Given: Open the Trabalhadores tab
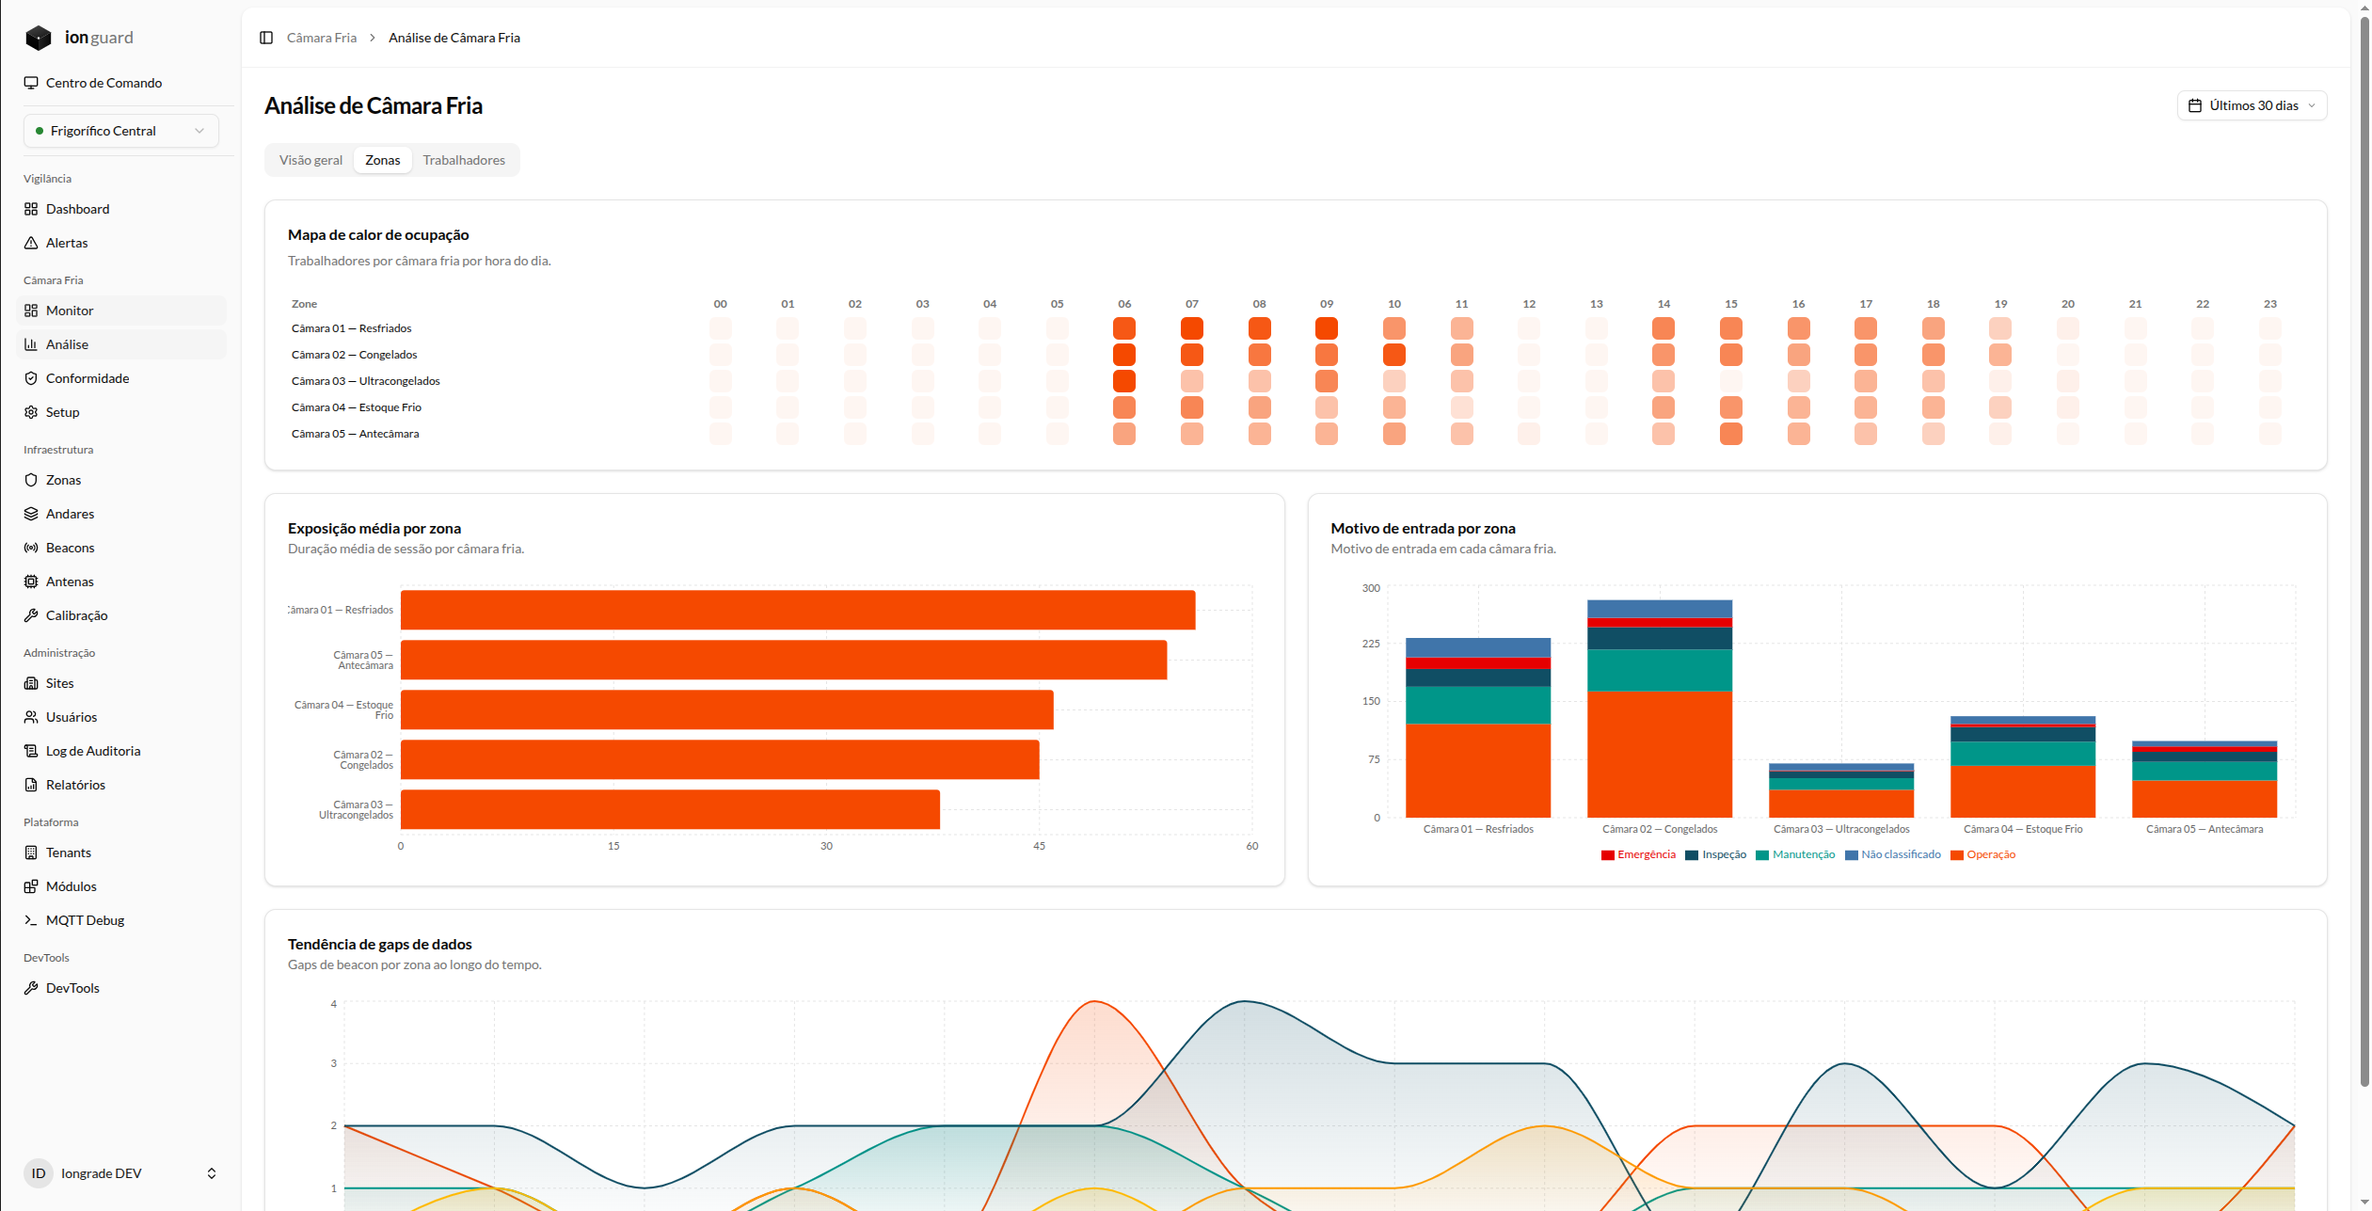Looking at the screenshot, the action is (x=464, y=160).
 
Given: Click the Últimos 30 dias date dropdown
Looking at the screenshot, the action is (x=2252, y=105).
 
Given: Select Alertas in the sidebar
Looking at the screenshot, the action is (x=67, y=243).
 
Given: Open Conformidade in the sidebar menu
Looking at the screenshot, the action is (x=88, y=378).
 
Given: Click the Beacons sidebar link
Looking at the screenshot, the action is (x=71, y=548).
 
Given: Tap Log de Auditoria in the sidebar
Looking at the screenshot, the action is (x=93, y=751).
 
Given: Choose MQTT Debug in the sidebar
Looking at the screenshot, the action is (x=85, y=920).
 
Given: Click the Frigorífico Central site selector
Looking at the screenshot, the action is (x=121, y=131).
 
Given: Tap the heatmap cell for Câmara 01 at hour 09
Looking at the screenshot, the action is (x=1327, y=328).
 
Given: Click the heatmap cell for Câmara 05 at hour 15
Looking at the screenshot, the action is (x=1731, y=434).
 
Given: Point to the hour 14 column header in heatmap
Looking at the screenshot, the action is (x=1664, y=304).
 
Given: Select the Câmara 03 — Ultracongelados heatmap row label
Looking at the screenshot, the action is (x=366, y=381).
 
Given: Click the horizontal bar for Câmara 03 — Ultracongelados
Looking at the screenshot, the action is (x=670, y=809).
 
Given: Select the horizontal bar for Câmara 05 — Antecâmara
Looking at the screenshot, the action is (x=784, y=660).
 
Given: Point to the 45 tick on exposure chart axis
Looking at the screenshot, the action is (x=1039, y=846).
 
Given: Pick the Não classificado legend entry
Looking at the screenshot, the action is (x=1893, y=854).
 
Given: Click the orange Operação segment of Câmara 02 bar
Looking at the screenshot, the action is (x=1660, y=755).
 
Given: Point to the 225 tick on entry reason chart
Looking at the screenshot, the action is (x=1371, y=644).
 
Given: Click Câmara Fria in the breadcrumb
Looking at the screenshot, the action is (x=322, y=38).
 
